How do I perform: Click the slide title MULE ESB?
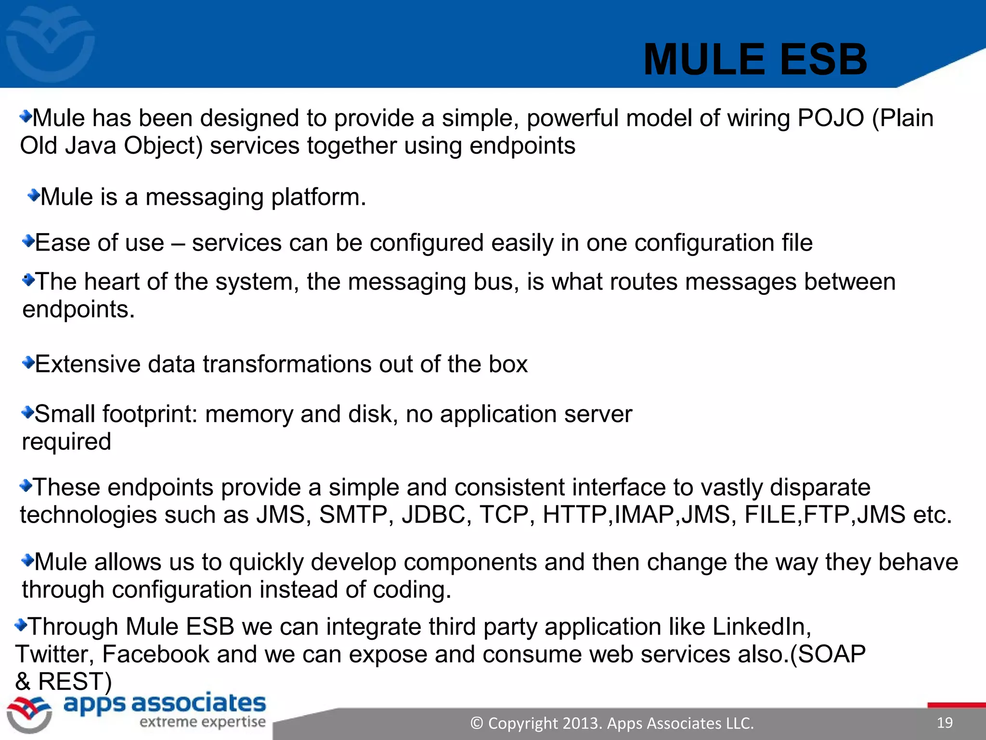(x=755, y=60)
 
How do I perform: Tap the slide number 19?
(x=945, y=723)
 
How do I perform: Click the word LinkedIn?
(x=761, y=627)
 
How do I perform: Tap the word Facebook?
(x=156, y=654)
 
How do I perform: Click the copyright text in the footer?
(x=612, y=723)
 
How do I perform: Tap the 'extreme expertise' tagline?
(x=203, y=722)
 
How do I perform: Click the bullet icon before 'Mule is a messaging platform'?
(x=34, y=195)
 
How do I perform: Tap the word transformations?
(x=287, y=364)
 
